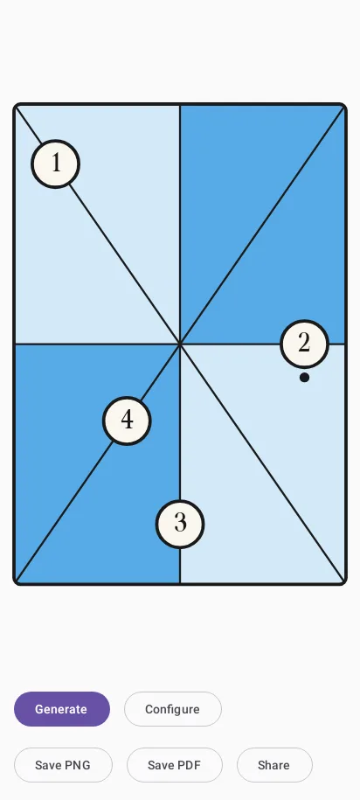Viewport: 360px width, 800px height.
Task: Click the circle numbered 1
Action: (x=56, y=163)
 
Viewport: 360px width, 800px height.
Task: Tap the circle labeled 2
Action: (x=304, y=344)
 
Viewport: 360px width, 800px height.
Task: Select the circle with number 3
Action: (x=180, y=524)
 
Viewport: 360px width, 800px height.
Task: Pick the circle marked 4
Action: (x=127, y=421)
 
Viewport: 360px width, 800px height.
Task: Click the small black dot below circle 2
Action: (x=304, y=378)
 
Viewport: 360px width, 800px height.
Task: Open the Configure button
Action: (x=173, y=709)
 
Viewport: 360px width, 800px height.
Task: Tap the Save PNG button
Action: (x=63, y=765)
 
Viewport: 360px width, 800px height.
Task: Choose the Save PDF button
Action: (x=175, y=765)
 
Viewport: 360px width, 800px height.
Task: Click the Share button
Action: (x=274, y=765)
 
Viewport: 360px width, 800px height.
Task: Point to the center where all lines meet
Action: (x=180, y=344)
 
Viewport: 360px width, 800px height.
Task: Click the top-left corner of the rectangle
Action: (x=15, y=105)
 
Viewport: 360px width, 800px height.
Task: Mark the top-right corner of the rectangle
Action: (x=345, y=105)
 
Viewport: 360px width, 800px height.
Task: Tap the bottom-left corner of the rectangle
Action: (x=15, y=583)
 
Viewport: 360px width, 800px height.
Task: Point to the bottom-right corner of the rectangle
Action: (x=345, y=583)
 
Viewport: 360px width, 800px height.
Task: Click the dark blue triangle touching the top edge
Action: (x=235, y=184)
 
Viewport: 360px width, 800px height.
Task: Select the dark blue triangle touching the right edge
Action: (x=290, y=264)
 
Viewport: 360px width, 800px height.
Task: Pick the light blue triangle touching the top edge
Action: (x=125, y=184)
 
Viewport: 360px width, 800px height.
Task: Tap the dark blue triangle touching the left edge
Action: (x=70, y=423)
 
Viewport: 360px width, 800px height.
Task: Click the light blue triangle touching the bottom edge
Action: (x=235, y=504)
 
